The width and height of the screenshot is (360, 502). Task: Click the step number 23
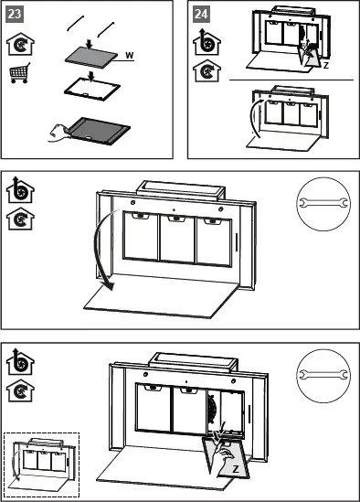(15, 14)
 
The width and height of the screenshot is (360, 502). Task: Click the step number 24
(201, 14)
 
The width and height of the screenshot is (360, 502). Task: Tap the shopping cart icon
(20, 73)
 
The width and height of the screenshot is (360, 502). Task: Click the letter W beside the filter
(129, 55)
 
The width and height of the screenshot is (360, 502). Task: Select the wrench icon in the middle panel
(323, 203)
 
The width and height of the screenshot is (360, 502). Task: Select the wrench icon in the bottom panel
(323, 375)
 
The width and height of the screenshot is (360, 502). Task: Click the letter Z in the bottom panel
(236, 469)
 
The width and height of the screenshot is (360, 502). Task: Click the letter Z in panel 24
(326, 65)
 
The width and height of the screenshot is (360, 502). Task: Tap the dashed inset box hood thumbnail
(41, 465)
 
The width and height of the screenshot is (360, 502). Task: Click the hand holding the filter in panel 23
(58, 133)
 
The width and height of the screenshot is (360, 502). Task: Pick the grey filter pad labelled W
(91, 58)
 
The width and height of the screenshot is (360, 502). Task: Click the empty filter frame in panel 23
(92, 89)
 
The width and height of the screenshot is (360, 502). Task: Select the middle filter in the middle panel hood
(177, 239)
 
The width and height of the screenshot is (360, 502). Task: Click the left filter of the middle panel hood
(141, 236)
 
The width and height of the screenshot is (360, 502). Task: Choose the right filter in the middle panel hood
(214, 241)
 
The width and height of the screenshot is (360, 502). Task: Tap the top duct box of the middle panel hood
(181, 190)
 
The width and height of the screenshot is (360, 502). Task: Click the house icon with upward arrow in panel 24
(206, 42)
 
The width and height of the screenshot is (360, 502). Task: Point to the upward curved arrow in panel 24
(251, 117)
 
